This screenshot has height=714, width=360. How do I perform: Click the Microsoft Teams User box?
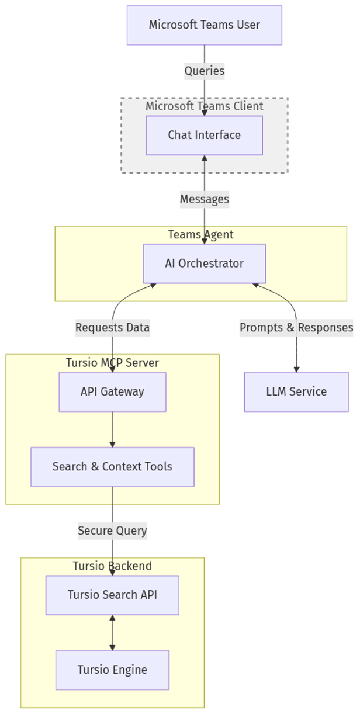pyautogui.click(x=204, y=25)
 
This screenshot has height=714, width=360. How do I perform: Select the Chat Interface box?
pyautogui.click(x=204, y=135)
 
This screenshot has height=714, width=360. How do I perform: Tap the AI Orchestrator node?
pyautogui.click(x=204, y=264)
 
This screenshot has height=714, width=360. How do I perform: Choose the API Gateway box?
pyautogui.click(x=112, y=391)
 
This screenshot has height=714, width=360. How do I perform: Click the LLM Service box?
pyautogui.click(x=296, y=391)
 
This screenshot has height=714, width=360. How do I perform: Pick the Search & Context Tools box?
pyautogui.click(x=112, y=467)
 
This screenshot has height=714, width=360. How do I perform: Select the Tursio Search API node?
pyautogui.click(x=112, y=595)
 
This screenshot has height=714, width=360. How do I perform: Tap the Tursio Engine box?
pyautogui.click(x=112, y=670)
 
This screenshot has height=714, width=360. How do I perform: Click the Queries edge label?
pyautogui.click(x=204, y=71)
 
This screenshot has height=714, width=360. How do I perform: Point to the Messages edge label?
pyautogui.click(x=204, y=199)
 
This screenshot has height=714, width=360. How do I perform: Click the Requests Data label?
pyautogui.click(x=112, y=328)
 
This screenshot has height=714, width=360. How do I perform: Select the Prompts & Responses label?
pyautogui.click(x=296, y=328)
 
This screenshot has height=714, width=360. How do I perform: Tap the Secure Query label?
pyautogui.click(x=112, y=531)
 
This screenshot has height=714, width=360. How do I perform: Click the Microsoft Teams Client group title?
pyautogui.click(x=204, y=106)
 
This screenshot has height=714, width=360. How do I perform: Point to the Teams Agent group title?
pyautogui.click(x=200, y=235)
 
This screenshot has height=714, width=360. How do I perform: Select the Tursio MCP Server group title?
pyautogui.click(x=112, y=363)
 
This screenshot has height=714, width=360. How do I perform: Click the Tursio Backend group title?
pyautogui.click(x=112, y=566)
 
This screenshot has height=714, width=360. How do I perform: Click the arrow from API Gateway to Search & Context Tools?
pyautogui.click(x=112, y=429)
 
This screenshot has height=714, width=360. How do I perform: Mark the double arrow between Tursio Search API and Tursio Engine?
pyautogui.click(x=112, y=633)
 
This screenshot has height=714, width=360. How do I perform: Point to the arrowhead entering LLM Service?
pyautogui.click(x=296, y=368)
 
